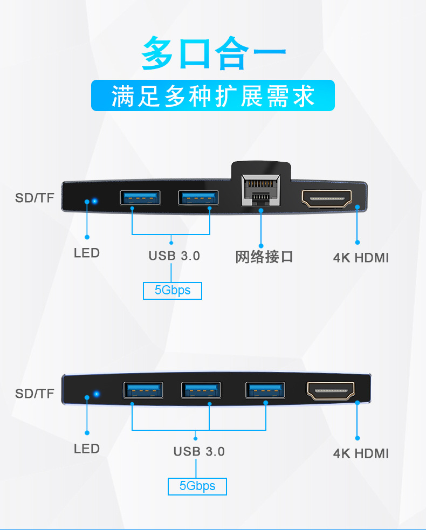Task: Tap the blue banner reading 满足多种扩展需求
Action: point(213,95)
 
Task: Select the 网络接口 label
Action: point(264,257)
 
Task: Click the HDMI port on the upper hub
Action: point(327,198)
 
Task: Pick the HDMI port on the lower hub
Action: point(331,390)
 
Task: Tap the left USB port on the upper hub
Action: point(140,198)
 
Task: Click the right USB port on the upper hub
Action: point(198,198)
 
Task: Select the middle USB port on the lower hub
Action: point(201,390)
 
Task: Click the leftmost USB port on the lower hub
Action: point(143,390)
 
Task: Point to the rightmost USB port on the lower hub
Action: point(265,390)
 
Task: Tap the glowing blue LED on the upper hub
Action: point(94,202)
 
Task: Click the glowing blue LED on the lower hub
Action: point(96,394)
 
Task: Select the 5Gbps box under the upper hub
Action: point(173,291)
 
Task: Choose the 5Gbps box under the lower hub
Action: point(197,486)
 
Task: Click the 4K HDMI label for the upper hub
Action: point(361,257)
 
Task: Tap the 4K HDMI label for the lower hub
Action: point(361,453)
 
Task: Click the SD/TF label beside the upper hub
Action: point(35,198)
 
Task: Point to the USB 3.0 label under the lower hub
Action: point(199,451)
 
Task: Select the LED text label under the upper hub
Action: point(87,252)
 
